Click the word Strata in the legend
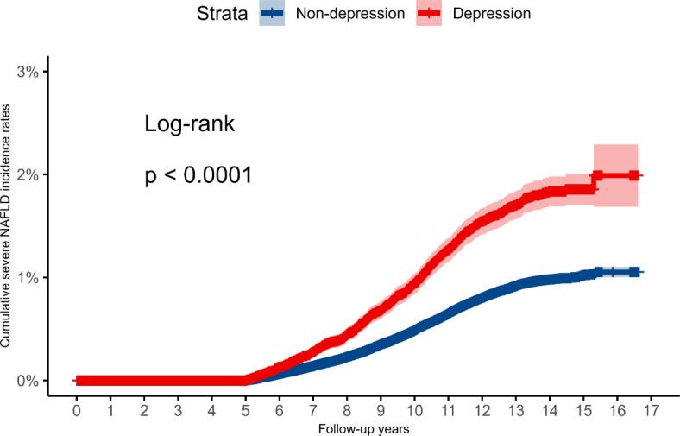point(219,14)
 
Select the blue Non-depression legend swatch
point(272,14)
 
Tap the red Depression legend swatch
point(429,14)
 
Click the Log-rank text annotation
point(189,124)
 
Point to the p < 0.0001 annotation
point(198,176)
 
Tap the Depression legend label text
point(492,14)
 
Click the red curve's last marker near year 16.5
point(634,175)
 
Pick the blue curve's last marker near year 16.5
point(634,272)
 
